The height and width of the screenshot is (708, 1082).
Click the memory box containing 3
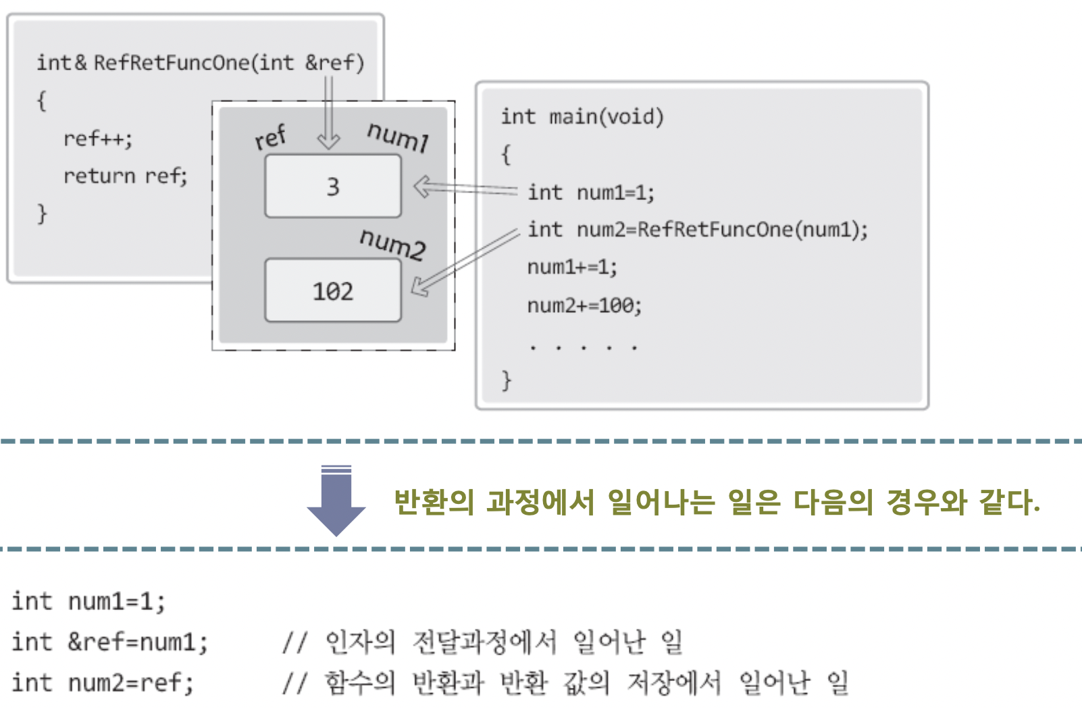pos(333,186)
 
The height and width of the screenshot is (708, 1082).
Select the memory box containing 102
pos(333,290)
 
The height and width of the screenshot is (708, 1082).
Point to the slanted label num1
pos(398,136)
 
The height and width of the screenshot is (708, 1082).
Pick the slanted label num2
pos(392,243)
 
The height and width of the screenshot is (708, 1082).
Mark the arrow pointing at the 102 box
pos(465,262)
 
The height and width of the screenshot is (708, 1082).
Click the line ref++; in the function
pos(98,139)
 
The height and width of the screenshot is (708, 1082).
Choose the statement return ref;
pos(125,176)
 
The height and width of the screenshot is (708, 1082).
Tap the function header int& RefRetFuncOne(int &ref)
pos(200,63)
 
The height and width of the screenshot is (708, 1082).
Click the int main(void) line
pos(582,117)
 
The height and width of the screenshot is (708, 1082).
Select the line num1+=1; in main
pos(572,268)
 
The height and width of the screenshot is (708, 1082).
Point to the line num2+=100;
pos(584,306)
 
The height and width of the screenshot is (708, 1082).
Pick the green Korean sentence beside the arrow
pos(716,502)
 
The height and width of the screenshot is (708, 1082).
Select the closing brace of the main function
pos(507,380)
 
